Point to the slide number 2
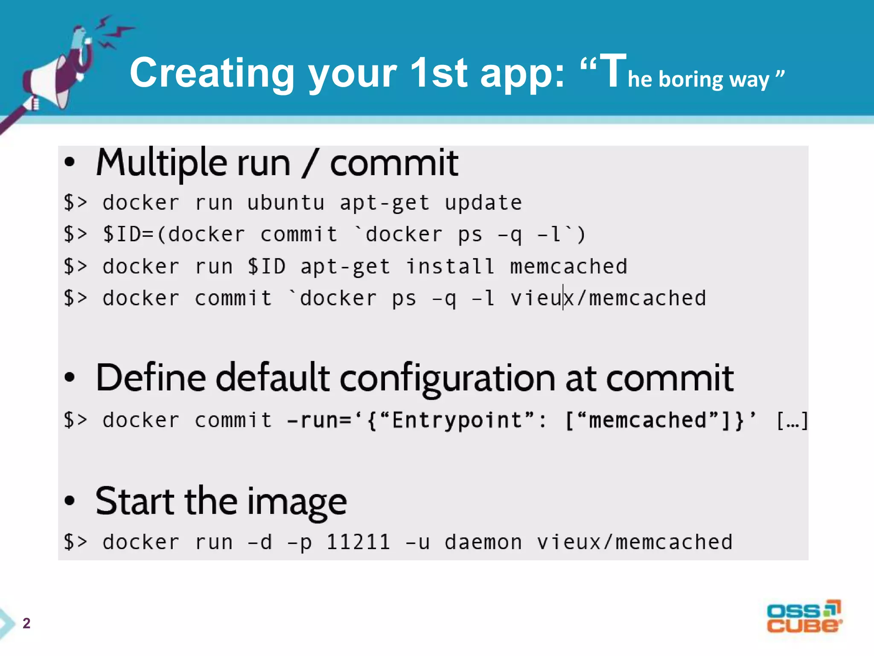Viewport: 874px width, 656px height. [x=26, y=623]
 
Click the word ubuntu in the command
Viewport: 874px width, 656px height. [x=286, y=203]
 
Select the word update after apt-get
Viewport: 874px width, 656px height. [x=483, y=203]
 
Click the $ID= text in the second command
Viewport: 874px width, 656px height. [x=128, y=234]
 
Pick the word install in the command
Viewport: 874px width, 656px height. [x=450, y=266]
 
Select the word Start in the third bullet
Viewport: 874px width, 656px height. [x=135, y=501]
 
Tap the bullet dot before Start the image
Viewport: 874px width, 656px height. [x=70, y=501]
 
